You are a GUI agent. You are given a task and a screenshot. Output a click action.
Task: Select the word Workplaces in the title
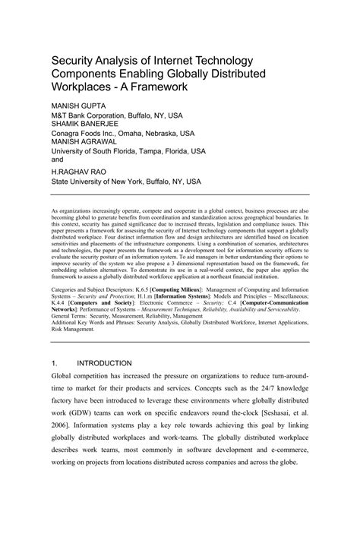click(82, 87)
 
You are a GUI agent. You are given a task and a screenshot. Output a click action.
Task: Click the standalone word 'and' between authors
click(58, 160)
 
